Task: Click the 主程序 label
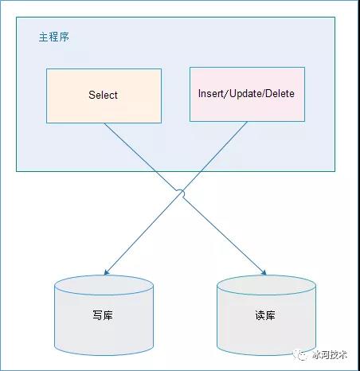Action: (54, 37)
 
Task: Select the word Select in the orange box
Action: (103, 95)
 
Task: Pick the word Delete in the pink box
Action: (280, 93)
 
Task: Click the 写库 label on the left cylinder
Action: (103, 315)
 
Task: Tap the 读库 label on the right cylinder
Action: (265, 315)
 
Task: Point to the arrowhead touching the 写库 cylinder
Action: (107, 272)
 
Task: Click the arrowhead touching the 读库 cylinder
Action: (264, 272)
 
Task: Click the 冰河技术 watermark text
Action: (330, 355)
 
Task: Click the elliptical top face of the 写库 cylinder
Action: (104, 285)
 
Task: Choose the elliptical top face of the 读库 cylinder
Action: (266, 285)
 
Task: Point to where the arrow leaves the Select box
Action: (104, 123)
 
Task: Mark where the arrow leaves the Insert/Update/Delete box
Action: (247, 122)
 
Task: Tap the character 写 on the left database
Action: (97, 315)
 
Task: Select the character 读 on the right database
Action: (260, 315)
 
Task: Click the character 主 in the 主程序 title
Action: (44, 37)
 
